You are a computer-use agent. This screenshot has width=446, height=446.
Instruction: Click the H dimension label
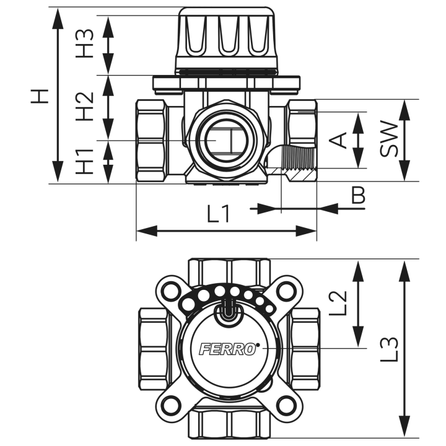click(40, 96)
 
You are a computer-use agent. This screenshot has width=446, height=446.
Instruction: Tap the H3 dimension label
click(84, 43)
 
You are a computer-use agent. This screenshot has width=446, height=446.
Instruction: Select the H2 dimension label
click(84, 106)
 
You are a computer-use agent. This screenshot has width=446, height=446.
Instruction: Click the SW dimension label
click(388, 139)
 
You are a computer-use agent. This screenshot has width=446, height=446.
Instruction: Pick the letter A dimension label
click(338, 140)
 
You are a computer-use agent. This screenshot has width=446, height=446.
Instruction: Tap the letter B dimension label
click(358, 195)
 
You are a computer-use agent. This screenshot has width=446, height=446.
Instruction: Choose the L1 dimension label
click(218, 214)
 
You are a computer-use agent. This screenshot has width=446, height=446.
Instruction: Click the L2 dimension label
click(338, 303)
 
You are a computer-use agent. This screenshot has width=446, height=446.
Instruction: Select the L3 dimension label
click(389, 349)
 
